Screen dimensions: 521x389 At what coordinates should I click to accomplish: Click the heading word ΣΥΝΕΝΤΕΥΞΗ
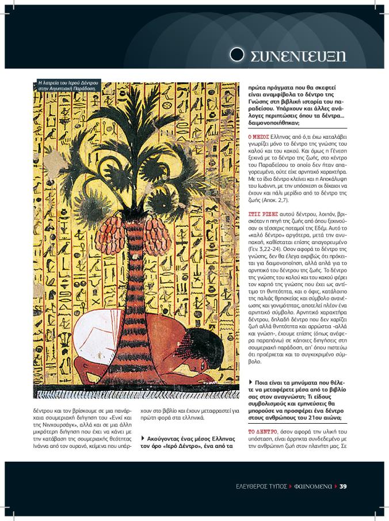(298, 56)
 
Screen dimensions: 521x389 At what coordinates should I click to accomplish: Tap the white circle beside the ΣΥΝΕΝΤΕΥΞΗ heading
(237, 55)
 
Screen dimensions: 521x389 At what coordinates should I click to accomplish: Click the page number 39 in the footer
(343, 486)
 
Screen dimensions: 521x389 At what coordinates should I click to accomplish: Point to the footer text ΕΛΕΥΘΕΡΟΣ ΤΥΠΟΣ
(262, 486)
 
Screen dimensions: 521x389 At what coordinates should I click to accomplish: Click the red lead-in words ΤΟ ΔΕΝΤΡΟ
(264, 431)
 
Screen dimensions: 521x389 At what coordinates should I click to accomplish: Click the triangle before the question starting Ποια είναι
(250, 382)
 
